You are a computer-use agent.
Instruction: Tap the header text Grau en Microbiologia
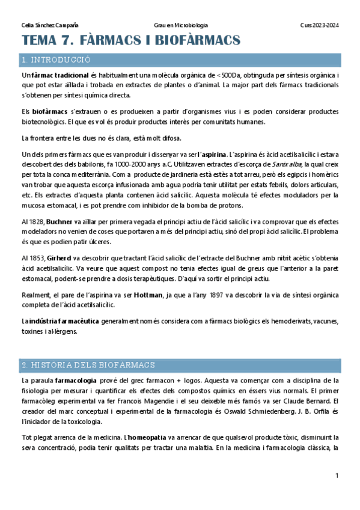point(181,25)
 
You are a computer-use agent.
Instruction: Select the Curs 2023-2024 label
point(320,25)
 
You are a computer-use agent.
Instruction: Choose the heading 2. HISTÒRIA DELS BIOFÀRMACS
point(88,364)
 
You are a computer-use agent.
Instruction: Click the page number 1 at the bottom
point(337,476)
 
